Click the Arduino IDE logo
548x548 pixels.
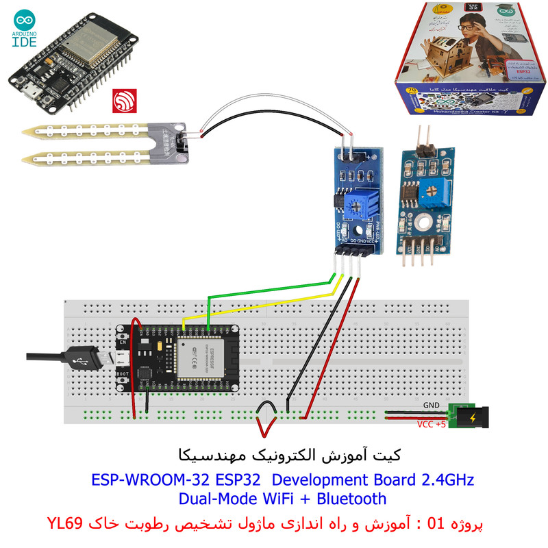tap(27, 23)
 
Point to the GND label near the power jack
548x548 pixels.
tap(432, 405)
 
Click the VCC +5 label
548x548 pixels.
tap(432, 424)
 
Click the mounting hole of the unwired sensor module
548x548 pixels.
tap(422, 221)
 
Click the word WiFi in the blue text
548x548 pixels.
tap(269, 499)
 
